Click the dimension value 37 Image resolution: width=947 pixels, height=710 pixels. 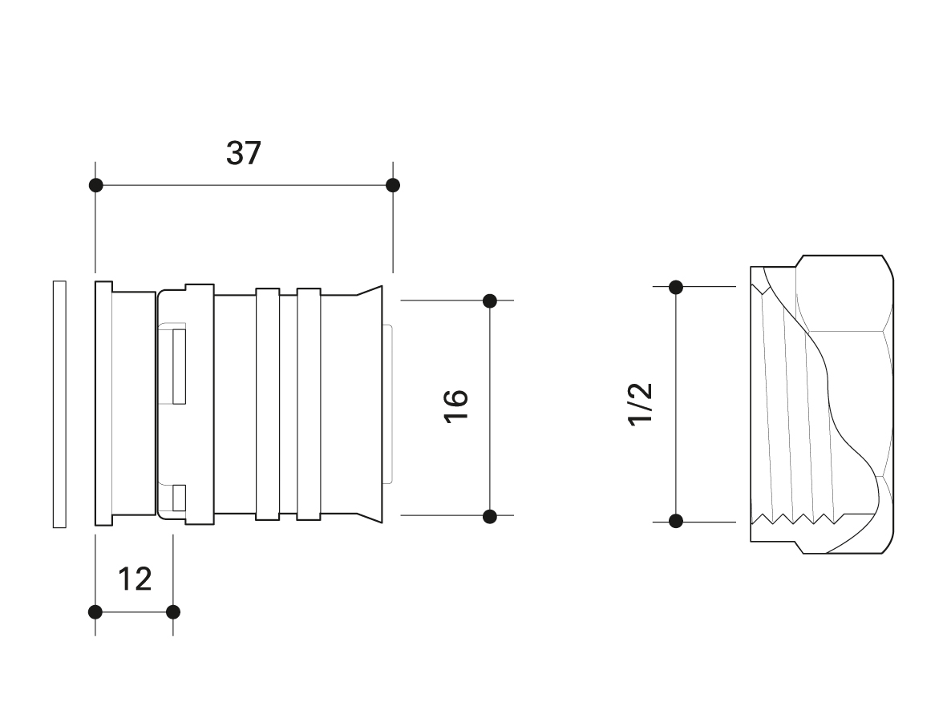pyautogui.click(x=244, y=153)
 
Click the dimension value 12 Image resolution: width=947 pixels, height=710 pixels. pyautogui.click(x=135, y=579)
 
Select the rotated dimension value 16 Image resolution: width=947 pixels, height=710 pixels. pyautogui.click(x=456, y=406)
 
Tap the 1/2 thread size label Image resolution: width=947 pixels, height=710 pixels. pyautogui.click(x=641, y=405)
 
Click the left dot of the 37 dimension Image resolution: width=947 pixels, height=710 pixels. pyautogui.click(x=95, y=185)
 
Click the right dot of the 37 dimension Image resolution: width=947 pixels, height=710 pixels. pyautogui.click(x=393, y=185)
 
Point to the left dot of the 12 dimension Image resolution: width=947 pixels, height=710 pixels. pyautogui.click(x=95, y=612)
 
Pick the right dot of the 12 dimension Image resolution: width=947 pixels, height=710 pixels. pyautogui.click(x=172, y=612)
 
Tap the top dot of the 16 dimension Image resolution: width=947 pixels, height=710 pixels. pyautogui.click(x=490, y=301)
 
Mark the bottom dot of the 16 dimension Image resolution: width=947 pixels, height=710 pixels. pyautogui.click(x=490, y=517)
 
